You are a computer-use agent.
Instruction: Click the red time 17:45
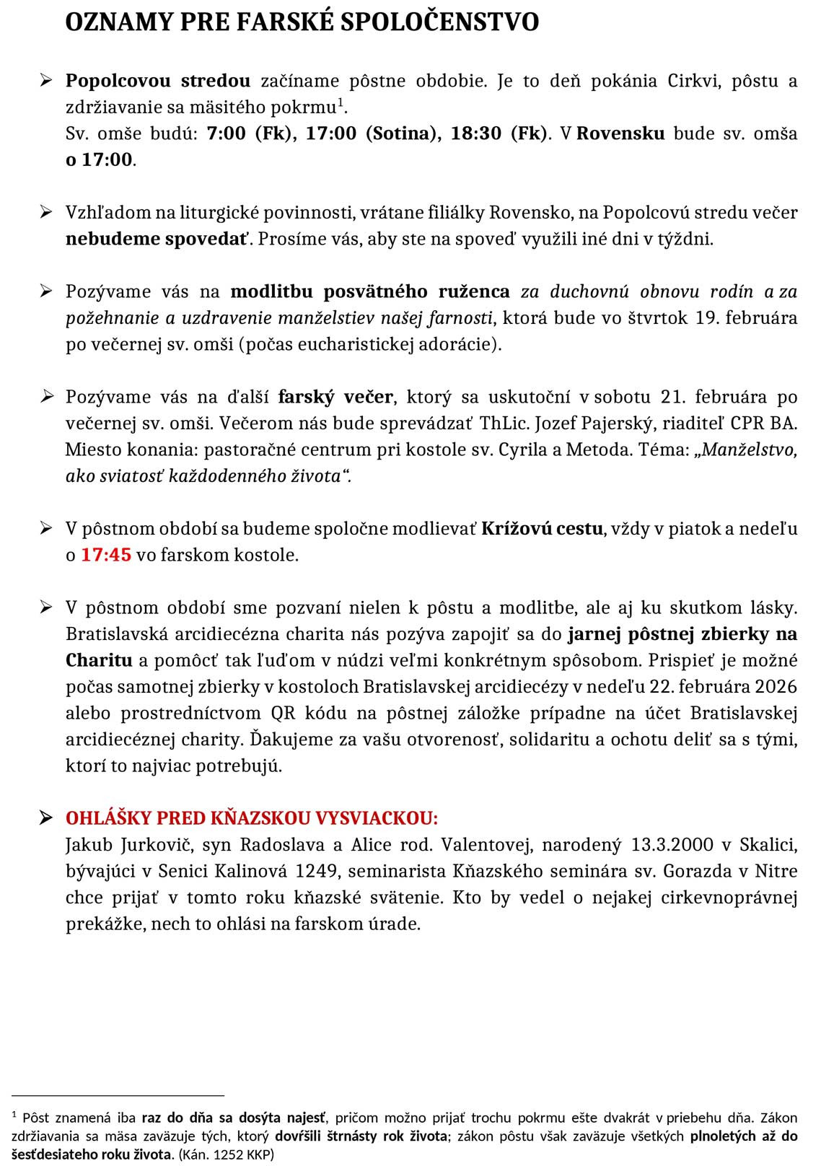pos(106,555)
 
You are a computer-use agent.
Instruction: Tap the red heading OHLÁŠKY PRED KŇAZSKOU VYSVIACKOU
pos(252,818)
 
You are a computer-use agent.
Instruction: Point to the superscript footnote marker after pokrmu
pos(341,102)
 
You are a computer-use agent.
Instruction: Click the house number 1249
pos(317,872)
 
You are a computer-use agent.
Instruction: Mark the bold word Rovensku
pos(620,133)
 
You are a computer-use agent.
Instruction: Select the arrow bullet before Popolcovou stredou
pos(47,80)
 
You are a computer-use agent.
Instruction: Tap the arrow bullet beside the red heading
pos(47,818)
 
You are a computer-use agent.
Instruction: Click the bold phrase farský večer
pos(335,397)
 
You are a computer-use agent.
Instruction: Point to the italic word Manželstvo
pos(749,450)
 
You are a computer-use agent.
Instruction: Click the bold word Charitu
pos(99,660)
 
